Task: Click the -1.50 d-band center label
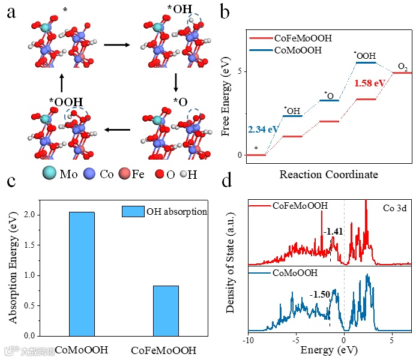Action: coord(319,295)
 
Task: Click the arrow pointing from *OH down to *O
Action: coord(176,81)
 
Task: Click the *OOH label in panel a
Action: coord(63,102)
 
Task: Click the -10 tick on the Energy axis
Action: coord(247,339)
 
